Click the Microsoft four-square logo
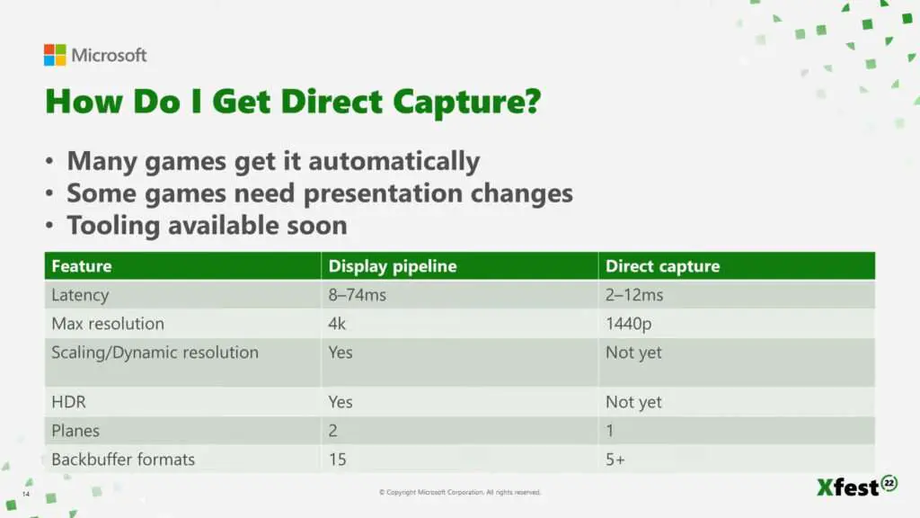pos(55,55)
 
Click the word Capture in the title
pos(466,103)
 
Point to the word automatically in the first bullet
pos(394,162)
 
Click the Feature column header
pos(82,266)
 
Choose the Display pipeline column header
pos(393,266)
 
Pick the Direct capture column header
pos(662,266)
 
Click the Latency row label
pos(80,295)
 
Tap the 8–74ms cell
pos(358,295)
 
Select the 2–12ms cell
pos(634,295)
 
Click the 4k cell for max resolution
pos(338,324)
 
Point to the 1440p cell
pos(628,324)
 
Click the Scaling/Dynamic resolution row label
pos(155,353)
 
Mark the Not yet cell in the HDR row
pos(633,402)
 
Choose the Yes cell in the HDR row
pos(341,402)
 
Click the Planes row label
pos(75,431)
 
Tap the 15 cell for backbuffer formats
pos(338,460)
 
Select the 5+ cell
pos(615,460)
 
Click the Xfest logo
pos(856,486)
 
